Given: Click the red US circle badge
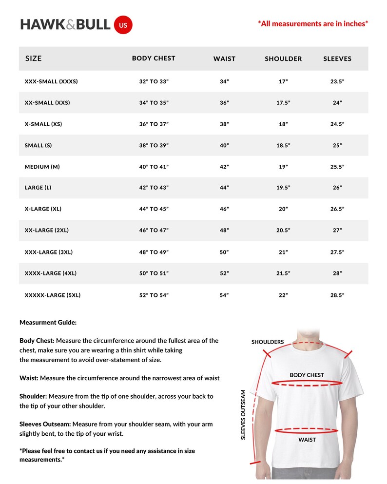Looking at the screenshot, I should pyautogui.click(x=123, y=25).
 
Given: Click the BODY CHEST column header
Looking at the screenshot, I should pyautogui.click(x=154, y=58).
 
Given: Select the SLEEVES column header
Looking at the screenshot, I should pyautogui.click(x=337, y=58).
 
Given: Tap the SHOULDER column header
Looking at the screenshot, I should pyautogui.click(x=283, y=58).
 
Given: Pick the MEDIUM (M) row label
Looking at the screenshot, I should pyautogui.click(x=42, y=167).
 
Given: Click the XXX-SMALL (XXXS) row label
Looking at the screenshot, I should pyautogui.click(x=51, y=81).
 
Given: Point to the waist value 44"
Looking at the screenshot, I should pyautogui.click(x=224, y=188).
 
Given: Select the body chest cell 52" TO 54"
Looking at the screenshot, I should pyautogui.click(x=154, y=295).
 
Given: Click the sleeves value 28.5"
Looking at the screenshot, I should pyautogui.click(x=337, y=295).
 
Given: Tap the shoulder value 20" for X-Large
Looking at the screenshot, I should pyautogui.click(x=283, y=209).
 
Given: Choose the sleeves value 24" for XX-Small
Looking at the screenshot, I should pyautogui.click(x=337, y=103).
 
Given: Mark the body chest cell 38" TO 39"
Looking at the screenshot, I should pyautogui.click(x=154, y=145).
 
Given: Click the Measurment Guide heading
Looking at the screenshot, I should pyautogui.click(x=48, y=322).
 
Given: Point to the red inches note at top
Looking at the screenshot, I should pyautogui.click(x=313, y=23).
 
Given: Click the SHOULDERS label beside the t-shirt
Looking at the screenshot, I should pyautogui.click(x=268, y=342).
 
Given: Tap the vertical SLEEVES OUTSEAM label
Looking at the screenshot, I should pyautogui.click(x=243, y=414).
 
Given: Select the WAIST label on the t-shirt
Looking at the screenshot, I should pyautogui.click(x=307, y=440).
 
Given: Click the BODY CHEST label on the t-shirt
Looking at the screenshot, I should pyautogui.click(x=307, y=375).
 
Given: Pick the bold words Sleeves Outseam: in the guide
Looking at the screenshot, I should pyautogui.click(x=45, y=424).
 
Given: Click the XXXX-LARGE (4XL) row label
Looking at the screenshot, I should pyautogui.click(x=51, y=273).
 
